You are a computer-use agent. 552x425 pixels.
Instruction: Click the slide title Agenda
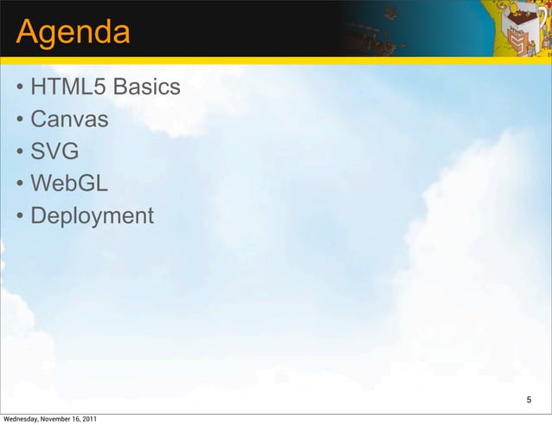point(73,34)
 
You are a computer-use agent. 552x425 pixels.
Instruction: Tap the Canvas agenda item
point(69,119)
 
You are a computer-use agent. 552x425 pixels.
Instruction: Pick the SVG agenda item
point(55,151)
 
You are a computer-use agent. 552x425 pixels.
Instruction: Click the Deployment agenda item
point(92,216)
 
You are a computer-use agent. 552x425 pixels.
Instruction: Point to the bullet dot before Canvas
point(18,120)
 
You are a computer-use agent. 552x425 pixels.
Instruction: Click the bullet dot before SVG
point(18,152)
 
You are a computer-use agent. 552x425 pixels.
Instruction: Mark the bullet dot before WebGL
point(18,184)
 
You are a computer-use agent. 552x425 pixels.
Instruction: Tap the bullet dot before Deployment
point(18,216)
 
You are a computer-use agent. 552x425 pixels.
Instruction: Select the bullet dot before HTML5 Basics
point(18,88)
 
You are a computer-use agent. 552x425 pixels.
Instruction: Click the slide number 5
point(530,400)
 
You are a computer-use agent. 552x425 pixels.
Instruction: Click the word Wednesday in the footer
point(21,420)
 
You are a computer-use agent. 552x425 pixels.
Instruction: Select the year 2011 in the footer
point(89,420)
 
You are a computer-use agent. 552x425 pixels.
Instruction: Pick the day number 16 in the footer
point(76,420)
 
